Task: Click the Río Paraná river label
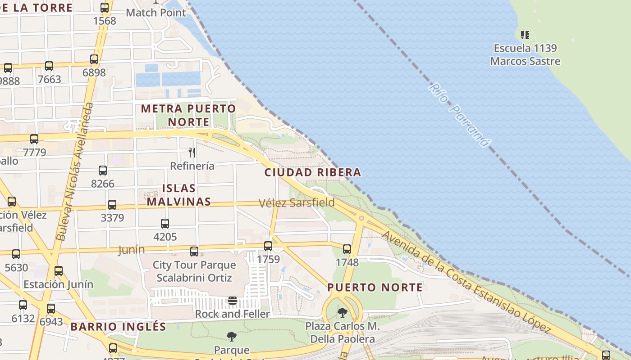458,115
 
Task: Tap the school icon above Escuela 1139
525,35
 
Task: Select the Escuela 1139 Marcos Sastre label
525,54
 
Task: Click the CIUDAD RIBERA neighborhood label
313,172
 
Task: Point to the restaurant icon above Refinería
192,153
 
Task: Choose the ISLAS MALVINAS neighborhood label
178,195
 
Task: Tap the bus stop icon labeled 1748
347,249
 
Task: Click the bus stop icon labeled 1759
268,246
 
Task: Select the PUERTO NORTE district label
375,287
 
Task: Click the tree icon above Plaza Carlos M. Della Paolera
343,312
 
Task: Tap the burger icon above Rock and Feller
232,300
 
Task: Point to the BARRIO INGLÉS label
118,327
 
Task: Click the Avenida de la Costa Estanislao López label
466,282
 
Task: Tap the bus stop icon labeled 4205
165,224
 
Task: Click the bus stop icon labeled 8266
103,171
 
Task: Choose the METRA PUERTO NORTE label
188,115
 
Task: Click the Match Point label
156,13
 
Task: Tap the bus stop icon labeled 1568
105,8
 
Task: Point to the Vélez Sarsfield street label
297,203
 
